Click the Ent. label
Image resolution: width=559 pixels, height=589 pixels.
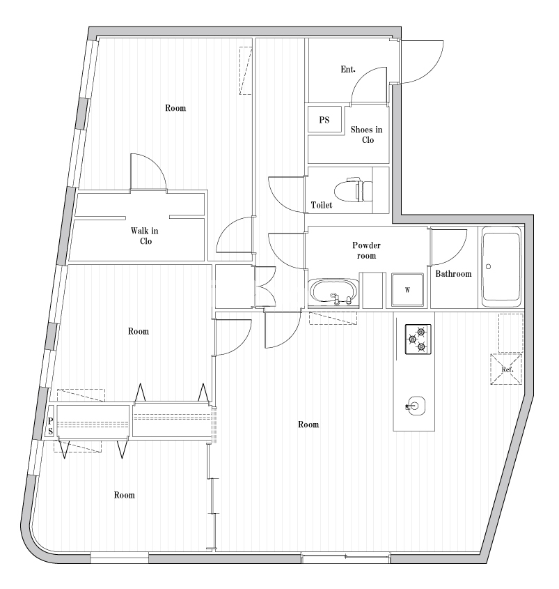click(x=348, y=70)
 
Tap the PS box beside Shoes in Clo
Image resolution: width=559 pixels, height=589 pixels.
click(x=324, y=120)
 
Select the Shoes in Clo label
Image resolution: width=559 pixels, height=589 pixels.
click(x=366, y=135)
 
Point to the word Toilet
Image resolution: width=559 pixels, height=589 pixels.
click(x=322, y=206)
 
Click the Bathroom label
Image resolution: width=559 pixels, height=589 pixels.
click(x=453, y=274)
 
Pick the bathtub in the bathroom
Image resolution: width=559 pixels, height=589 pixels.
click(x=501, y=266)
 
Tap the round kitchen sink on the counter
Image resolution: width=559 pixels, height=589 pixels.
click(x=416, y=405)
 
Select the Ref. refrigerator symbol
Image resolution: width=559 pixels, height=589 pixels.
click(x=506, y=369)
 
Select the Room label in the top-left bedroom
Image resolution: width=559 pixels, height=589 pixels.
click(x=175, y=108)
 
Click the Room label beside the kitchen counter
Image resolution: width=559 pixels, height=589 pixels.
click(x=308, y=424)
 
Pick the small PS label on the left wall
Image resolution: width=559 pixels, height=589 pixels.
click(x=50, y=426)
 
